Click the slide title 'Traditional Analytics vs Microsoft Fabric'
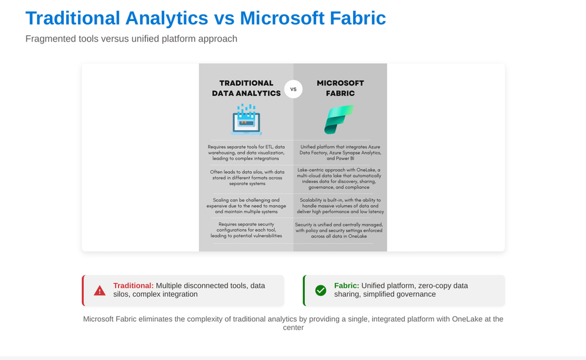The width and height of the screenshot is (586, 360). (205, 18)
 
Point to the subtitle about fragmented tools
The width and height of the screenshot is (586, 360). (131, 39)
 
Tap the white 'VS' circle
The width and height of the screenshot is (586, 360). (293, 89)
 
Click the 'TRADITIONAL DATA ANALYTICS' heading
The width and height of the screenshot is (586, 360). (246, 88)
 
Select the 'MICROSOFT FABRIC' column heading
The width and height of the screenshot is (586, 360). (340, 88)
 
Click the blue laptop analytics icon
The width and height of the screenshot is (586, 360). (246, 119)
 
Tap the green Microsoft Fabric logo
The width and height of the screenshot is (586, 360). (339, 119)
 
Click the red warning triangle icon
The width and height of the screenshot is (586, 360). (100, 290)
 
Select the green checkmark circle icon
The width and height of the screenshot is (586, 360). (321, 290)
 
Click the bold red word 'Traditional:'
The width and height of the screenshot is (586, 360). (133, 286)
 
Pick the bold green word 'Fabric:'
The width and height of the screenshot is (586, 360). (347, 286)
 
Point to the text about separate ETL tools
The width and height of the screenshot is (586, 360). (246, 152)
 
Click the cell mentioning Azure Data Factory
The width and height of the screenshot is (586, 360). (340, 152)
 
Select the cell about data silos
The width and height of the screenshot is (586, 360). (246, 178)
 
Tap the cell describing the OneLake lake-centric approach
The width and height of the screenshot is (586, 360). (340, 178)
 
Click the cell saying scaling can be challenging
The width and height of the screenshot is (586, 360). (246, 205)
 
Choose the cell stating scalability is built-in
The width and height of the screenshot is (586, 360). (340, 205)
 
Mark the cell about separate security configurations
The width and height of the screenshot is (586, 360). (246, 230)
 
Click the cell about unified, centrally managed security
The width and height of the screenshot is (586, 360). (340, 230)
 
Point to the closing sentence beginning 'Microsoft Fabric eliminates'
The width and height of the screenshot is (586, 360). (293, 323)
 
